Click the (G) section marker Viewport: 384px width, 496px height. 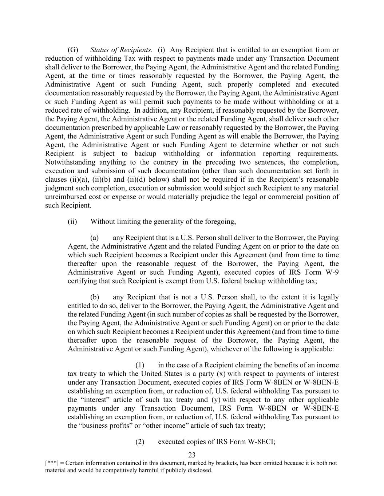coord(73,50)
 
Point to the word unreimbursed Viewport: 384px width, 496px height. coord(65,197)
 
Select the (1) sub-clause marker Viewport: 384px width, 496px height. coord(140,365)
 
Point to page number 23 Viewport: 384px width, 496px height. coord(192,455)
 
